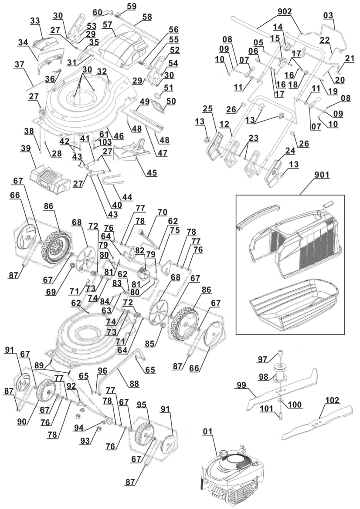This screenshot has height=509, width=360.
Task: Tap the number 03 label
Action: (328, 16)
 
